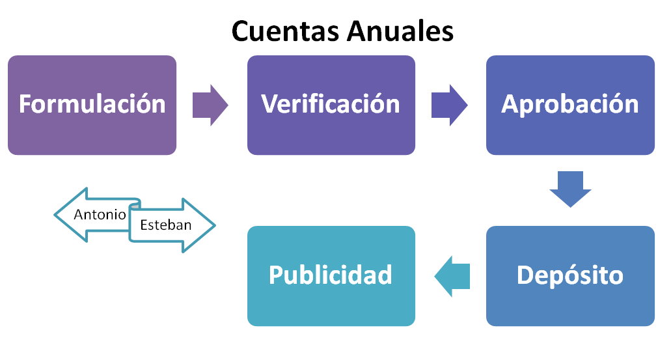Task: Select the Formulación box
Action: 92,104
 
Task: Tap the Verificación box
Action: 331,104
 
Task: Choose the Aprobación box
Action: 570,104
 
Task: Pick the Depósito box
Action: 570,275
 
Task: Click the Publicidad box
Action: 331,275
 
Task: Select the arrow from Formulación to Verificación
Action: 210,104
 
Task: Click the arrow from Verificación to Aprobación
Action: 449,104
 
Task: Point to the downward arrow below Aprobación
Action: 570,190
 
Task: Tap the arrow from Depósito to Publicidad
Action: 452,275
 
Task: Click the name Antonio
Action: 100,214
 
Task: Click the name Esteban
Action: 165,225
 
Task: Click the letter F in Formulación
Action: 25,104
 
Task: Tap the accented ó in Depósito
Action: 582,275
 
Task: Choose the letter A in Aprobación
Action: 510,104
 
